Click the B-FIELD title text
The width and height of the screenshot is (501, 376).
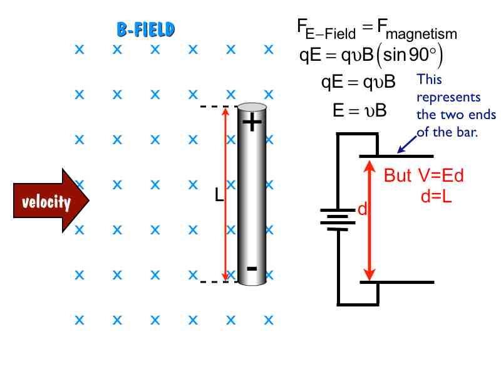point(145,29)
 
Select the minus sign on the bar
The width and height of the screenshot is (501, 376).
point(252,269)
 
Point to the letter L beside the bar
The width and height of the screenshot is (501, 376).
point(219,196)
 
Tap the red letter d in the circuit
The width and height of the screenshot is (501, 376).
point(361,210)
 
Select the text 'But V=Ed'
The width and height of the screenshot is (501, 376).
point(424,176)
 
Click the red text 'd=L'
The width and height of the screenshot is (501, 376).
point(437,195)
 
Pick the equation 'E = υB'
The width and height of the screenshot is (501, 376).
point(359,111)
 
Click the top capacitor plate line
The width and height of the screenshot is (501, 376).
point(396,155)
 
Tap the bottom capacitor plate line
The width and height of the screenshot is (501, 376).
point(396,282)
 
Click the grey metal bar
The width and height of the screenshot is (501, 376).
point(252,194)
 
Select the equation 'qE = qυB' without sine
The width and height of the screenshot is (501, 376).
point(358,81)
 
